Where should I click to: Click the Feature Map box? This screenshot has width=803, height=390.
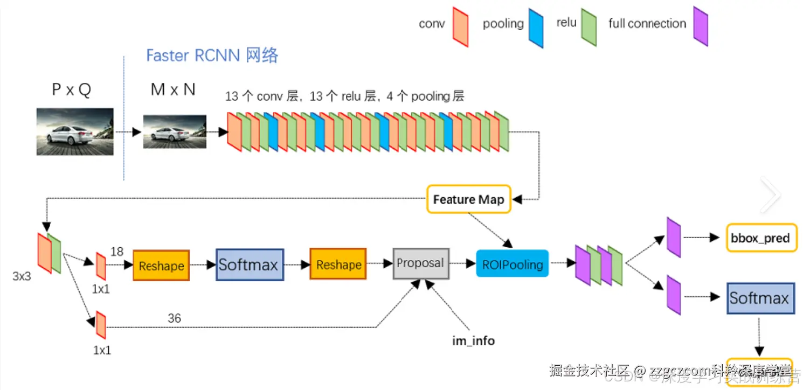click(x=468, y=199)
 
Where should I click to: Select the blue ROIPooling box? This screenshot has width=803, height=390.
click(x=512, y=263)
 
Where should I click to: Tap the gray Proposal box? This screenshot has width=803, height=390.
click(x=421, y=263)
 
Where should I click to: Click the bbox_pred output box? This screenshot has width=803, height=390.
click(x=762, y=238)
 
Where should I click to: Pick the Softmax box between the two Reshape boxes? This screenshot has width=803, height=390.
click(x=250, y=264)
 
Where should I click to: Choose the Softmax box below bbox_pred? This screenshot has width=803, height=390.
click(x=760, y=298)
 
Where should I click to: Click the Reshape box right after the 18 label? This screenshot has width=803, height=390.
click(x=161, y=265)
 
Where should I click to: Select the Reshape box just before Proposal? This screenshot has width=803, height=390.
click(x=338, y=264)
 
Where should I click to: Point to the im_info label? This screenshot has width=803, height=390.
click(x=473, y=341)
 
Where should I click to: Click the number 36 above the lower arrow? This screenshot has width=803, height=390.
click(x=174, y=318)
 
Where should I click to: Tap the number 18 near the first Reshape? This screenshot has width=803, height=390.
click(x=117, y=252)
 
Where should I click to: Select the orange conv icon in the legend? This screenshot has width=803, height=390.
click(x=460, y=27)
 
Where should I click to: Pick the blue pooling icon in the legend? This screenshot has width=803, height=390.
click(x=536, y=28)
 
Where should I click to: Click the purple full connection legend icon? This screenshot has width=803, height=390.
click(x=701, y=26)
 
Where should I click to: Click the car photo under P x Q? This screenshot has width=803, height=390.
click(x=75, y=132)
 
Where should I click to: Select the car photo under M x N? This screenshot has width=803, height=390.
click(x=175, y=131)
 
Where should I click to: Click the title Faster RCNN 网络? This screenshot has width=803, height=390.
click(x=212, y=55)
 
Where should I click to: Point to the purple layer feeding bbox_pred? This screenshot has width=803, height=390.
click(x=674, y=237)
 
